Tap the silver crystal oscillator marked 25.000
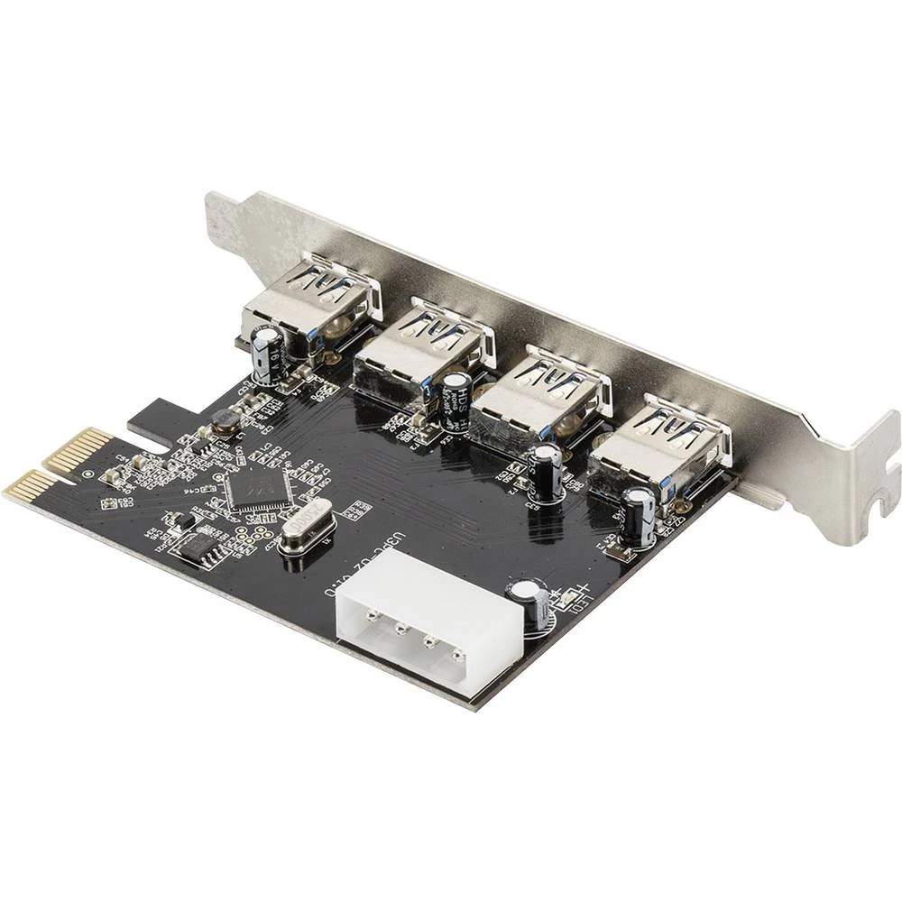click(x=306, y=532)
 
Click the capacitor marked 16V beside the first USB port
click(x=268, y=357)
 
